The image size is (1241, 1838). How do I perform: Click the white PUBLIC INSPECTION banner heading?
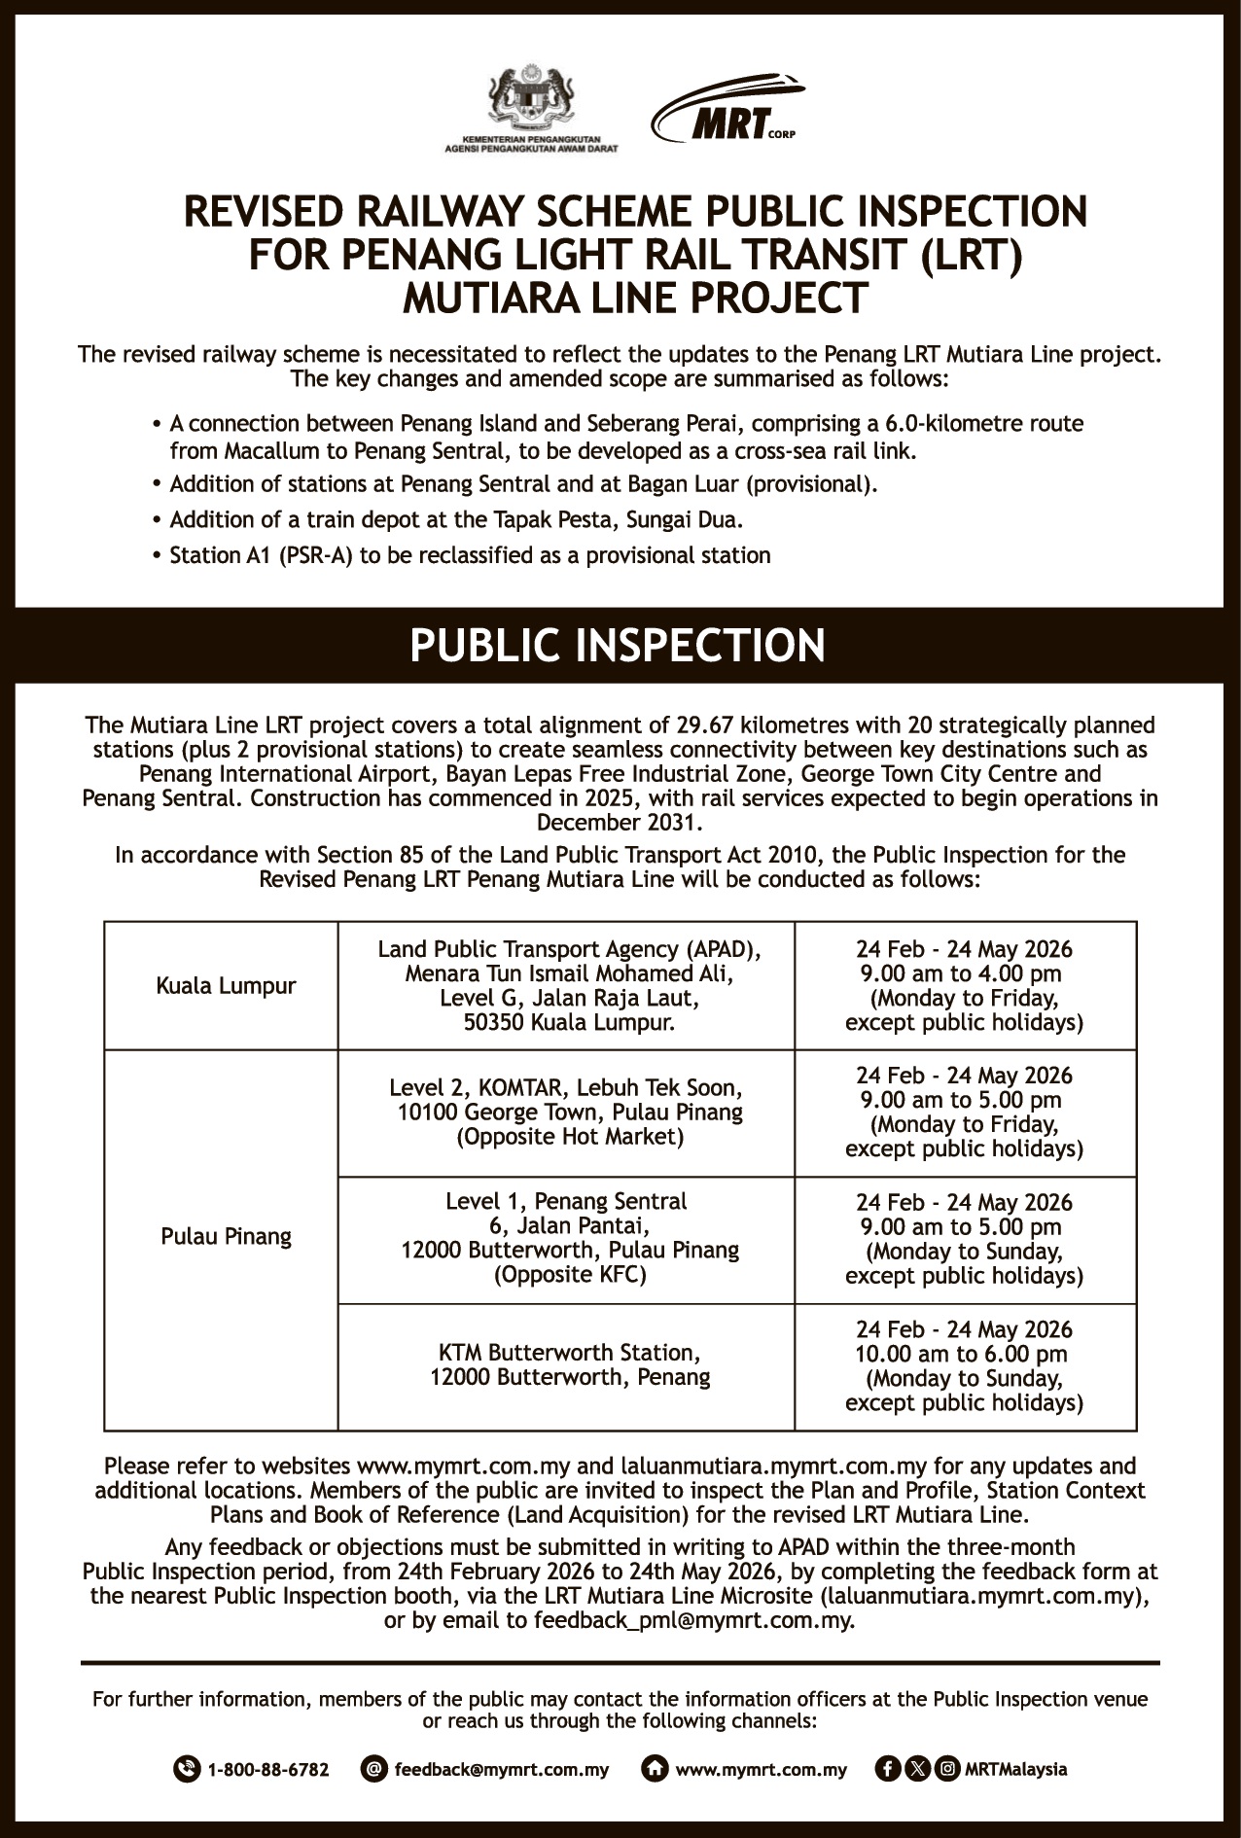tap(618, 646)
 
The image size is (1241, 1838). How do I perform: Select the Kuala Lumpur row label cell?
tap(226, 986)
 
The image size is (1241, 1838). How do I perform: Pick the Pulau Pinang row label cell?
tap(226, 1237)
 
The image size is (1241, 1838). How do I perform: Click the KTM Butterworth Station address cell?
tap(570, 1364)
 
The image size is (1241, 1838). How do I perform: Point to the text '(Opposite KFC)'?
tap(570, 1275)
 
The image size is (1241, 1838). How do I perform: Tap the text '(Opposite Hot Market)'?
tap(570, 1137)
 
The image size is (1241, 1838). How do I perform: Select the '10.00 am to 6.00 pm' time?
tap(964, 1354)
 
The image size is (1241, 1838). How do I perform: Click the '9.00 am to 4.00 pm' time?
tap(964, 973)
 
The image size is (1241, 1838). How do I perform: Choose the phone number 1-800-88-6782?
tap(268, 1769)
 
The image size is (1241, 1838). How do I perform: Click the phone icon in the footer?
tap(186, 1769)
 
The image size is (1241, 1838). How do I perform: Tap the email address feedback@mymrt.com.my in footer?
tap(501, 1769)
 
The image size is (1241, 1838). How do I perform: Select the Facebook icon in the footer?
tap(886, 1769)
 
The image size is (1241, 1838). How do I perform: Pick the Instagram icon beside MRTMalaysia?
tap(947, 1769)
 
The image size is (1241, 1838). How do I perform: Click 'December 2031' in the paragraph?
tap(620, 823)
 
